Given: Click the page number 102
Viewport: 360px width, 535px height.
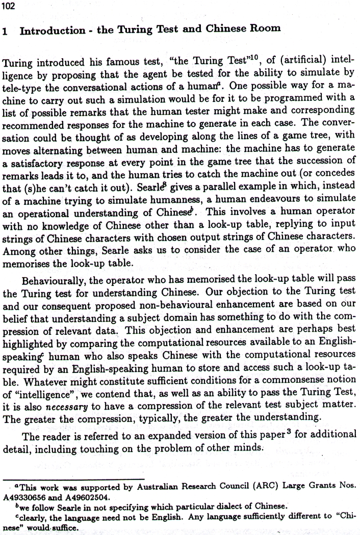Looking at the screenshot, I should coord(9,5).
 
